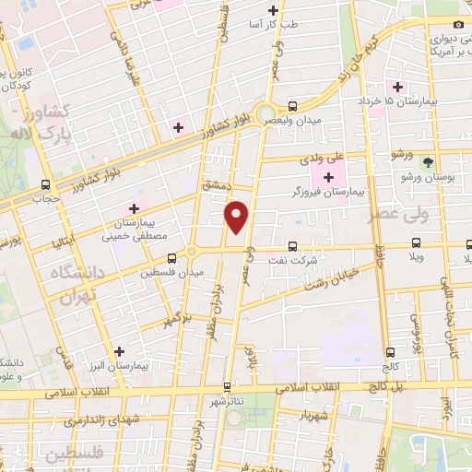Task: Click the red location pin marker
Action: (239, 216)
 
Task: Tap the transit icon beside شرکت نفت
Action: (292, 246)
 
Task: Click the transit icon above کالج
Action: (390, 351)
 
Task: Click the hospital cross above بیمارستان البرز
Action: (119, 351)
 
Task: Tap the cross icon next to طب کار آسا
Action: (272, 11)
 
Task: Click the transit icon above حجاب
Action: (45, 184)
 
